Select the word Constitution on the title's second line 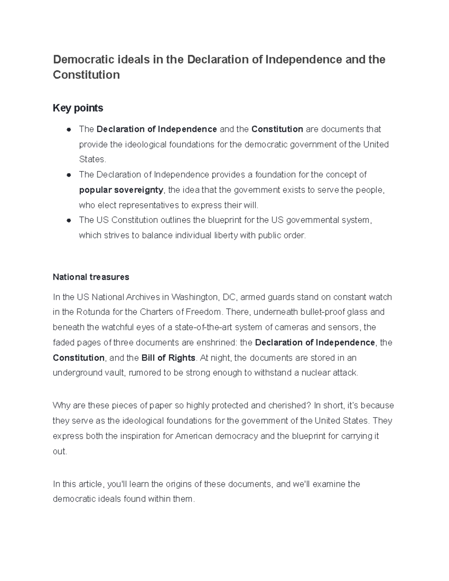pos(86,75)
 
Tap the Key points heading pos(78,108)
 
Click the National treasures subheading pos(91,277)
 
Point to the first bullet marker pos(68,129)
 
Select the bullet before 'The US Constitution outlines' pos(68,220)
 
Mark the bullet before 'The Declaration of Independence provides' pos(68,175)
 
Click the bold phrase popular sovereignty pos(121,190)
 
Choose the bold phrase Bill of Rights pos(168,358)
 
